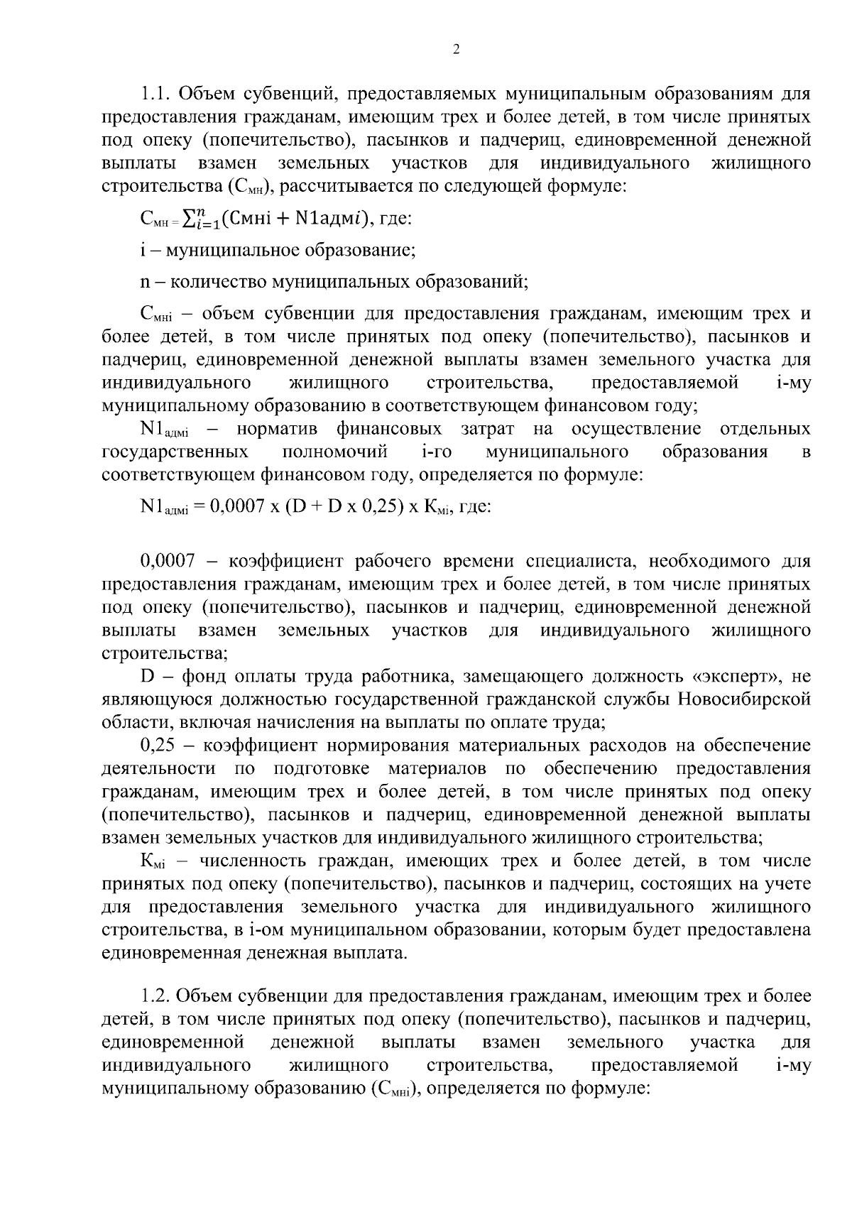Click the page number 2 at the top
[x=456, y=49]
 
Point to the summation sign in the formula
[x=191, y=219]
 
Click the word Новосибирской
[x=744, y=699]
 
